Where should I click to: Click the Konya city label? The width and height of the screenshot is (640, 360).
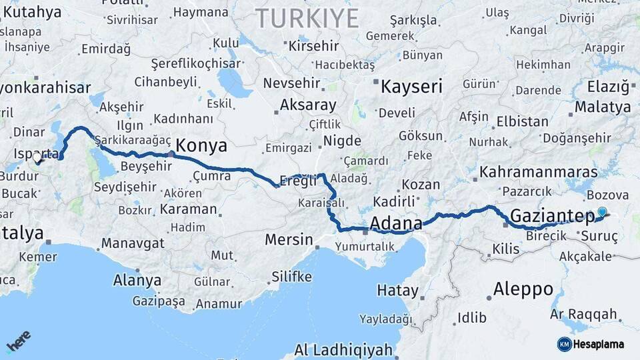click(x=201, y=146)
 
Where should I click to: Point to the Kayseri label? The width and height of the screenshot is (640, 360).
click(x=411, y=86)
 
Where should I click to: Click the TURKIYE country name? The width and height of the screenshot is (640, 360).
click(x=307, y=18)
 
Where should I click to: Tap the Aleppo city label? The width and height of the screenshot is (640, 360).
click(x=523, y=289)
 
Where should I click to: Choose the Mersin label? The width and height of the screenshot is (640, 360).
click(x=289, y=239)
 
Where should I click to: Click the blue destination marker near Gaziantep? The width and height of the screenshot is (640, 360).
click(x=602, y=212)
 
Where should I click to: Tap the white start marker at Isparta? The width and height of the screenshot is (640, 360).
click(x=37, y=158)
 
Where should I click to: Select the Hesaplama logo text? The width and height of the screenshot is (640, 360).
click(x=598, y=344)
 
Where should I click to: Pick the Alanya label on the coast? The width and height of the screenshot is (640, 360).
click(x=137, y=280)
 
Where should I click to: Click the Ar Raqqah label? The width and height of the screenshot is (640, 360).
click(x=584, y=314)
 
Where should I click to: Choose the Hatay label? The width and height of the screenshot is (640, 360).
click(x=397, y=291)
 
